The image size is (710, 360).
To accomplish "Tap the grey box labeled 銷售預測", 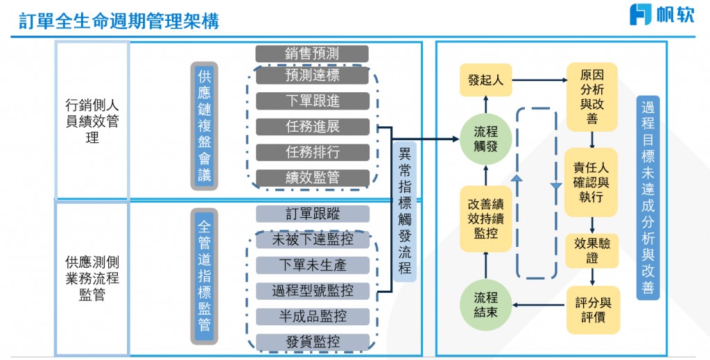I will click(x=312, y=53).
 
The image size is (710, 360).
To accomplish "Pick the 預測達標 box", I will click(x=312, y=76).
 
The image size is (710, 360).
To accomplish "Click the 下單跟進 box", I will click(x=312, y=101).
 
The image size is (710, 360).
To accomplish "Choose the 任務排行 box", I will click(x=312, y=152).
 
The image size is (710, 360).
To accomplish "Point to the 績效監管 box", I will click(x=312, y=178).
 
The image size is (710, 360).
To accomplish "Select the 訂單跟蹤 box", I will click(x=312, y=214).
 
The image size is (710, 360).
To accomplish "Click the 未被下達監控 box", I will click(x=312, y=240).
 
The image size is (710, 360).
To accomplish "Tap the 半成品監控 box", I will click(x=312, y=316).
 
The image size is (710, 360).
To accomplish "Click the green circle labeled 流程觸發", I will click(x=485, y=138).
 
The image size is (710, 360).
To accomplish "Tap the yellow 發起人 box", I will click(x=485, y=80).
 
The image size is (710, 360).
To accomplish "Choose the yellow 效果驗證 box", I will click(x=591, y=251).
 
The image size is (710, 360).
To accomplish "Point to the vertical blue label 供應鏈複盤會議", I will click(x=204, y=126).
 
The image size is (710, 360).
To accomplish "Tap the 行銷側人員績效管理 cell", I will click(x=92, y=121).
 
